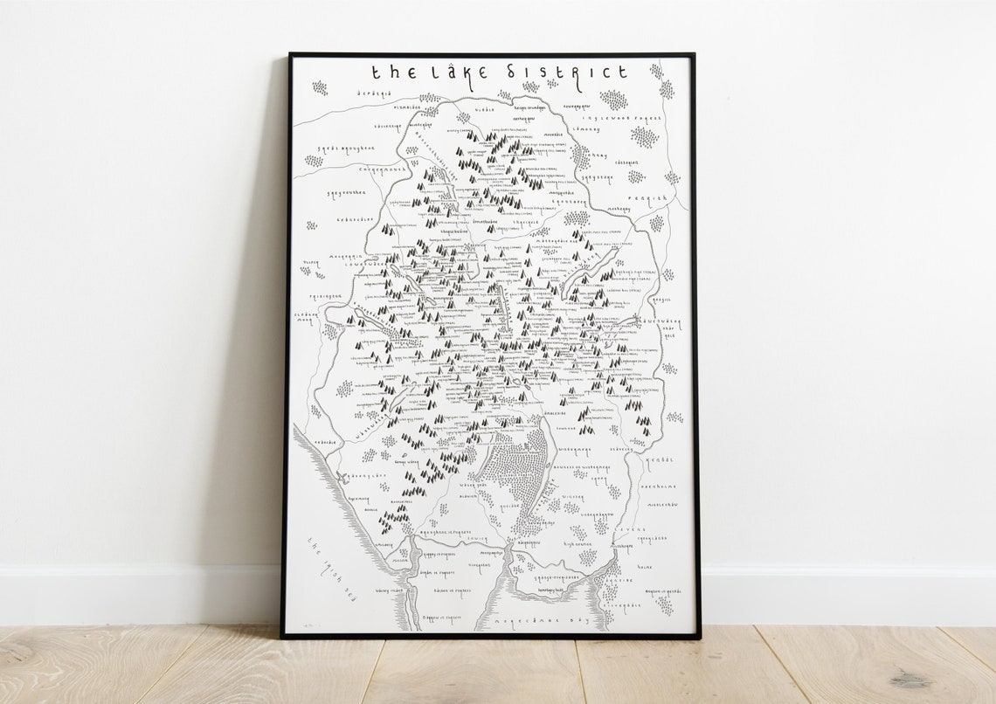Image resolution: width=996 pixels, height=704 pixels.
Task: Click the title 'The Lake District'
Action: [499, 72]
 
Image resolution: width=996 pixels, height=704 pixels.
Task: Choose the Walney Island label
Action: [370, 590]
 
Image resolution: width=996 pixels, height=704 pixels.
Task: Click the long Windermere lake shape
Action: [548, 472]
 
